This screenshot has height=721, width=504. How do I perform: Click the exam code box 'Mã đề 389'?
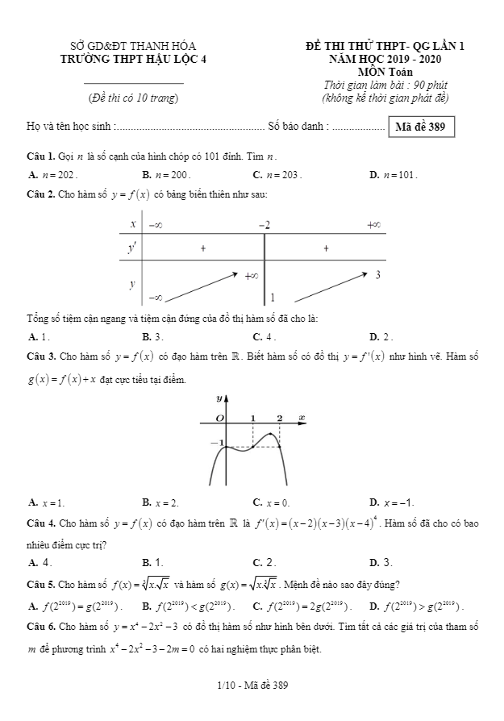coord(421,127)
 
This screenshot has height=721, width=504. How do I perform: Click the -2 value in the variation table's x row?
coord(264,224)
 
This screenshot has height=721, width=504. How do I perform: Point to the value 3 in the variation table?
coord(377,276)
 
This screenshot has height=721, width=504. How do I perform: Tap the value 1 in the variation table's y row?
coord(273,297)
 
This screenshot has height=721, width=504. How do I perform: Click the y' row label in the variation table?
coord(131,248)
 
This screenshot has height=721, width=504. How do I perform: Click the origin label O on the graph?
coord(218,417)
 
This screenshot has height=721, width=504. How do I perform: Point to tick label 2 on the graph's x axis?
coord(279,417)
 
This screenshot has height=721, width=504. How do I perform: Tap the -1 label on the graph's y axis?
coord(215,443)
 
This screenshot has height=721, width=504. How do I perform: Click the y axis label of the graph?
coord(219,398)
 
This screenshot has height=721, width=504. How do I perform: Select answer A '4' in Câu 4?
coord(41,562)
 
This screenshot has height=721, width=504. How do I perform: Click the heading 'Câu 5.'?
coord(40,584)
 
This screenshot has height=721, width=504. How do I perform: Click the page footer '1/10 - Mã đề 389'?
coord(252,686)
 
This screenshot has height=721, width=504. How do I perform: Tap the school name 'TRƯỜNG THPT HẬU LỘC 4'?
coord(134,58)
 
